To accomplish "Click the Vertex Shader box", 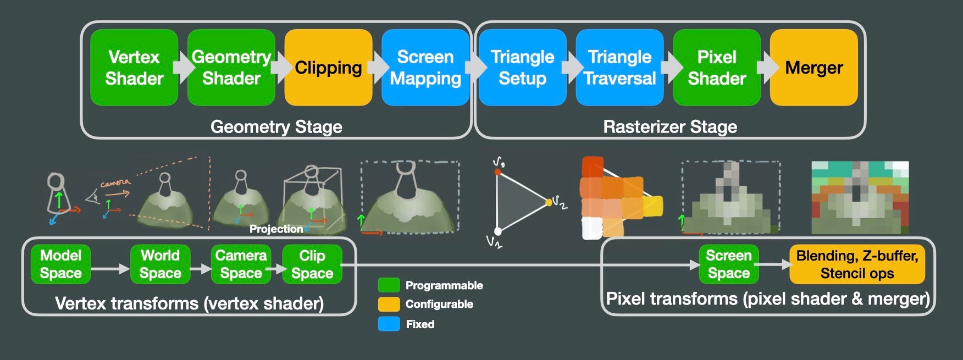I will click(x=134, y=67).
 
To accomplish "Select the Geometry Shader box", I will click(x=231, y=67).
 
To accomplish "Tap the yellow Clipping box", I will click(x=328, y=67).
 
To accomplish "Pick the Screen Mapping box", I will click(x=425, y=67).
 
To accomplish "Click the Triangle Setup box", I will click(x=522, y=67).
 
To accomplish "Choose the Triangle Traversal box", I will click(x=619, y=67).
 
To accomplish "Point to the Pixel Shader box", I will click(x=717, y=67).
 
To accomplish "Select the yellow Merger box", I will click(x=813, y=67).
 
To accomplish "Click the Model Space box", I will click(x=60, y=264).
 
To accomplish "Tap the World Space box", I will click(x=160, y=264).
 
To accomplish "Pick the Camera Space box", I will click(x=241, y=264).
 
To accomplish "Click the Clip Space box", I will click(x=312, y=264).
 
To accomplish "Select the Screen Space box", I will click(x=728, y=264).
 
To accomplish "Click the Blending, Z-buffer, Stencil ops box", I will click(x=857, y=264).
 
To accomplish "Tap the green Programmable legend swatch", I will click(x=389, y=285).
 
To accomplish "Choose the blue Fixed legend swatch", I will click(x=389, y=324).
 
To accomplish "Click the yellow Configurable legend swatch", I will click(x=389, y=304).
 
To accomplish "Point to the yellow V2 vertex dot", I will click(x=549, y=202).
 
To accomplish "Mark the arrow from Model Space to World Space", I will click(x=110, y=269).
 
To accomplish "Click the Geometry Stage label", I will click(x=276, y=127).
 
